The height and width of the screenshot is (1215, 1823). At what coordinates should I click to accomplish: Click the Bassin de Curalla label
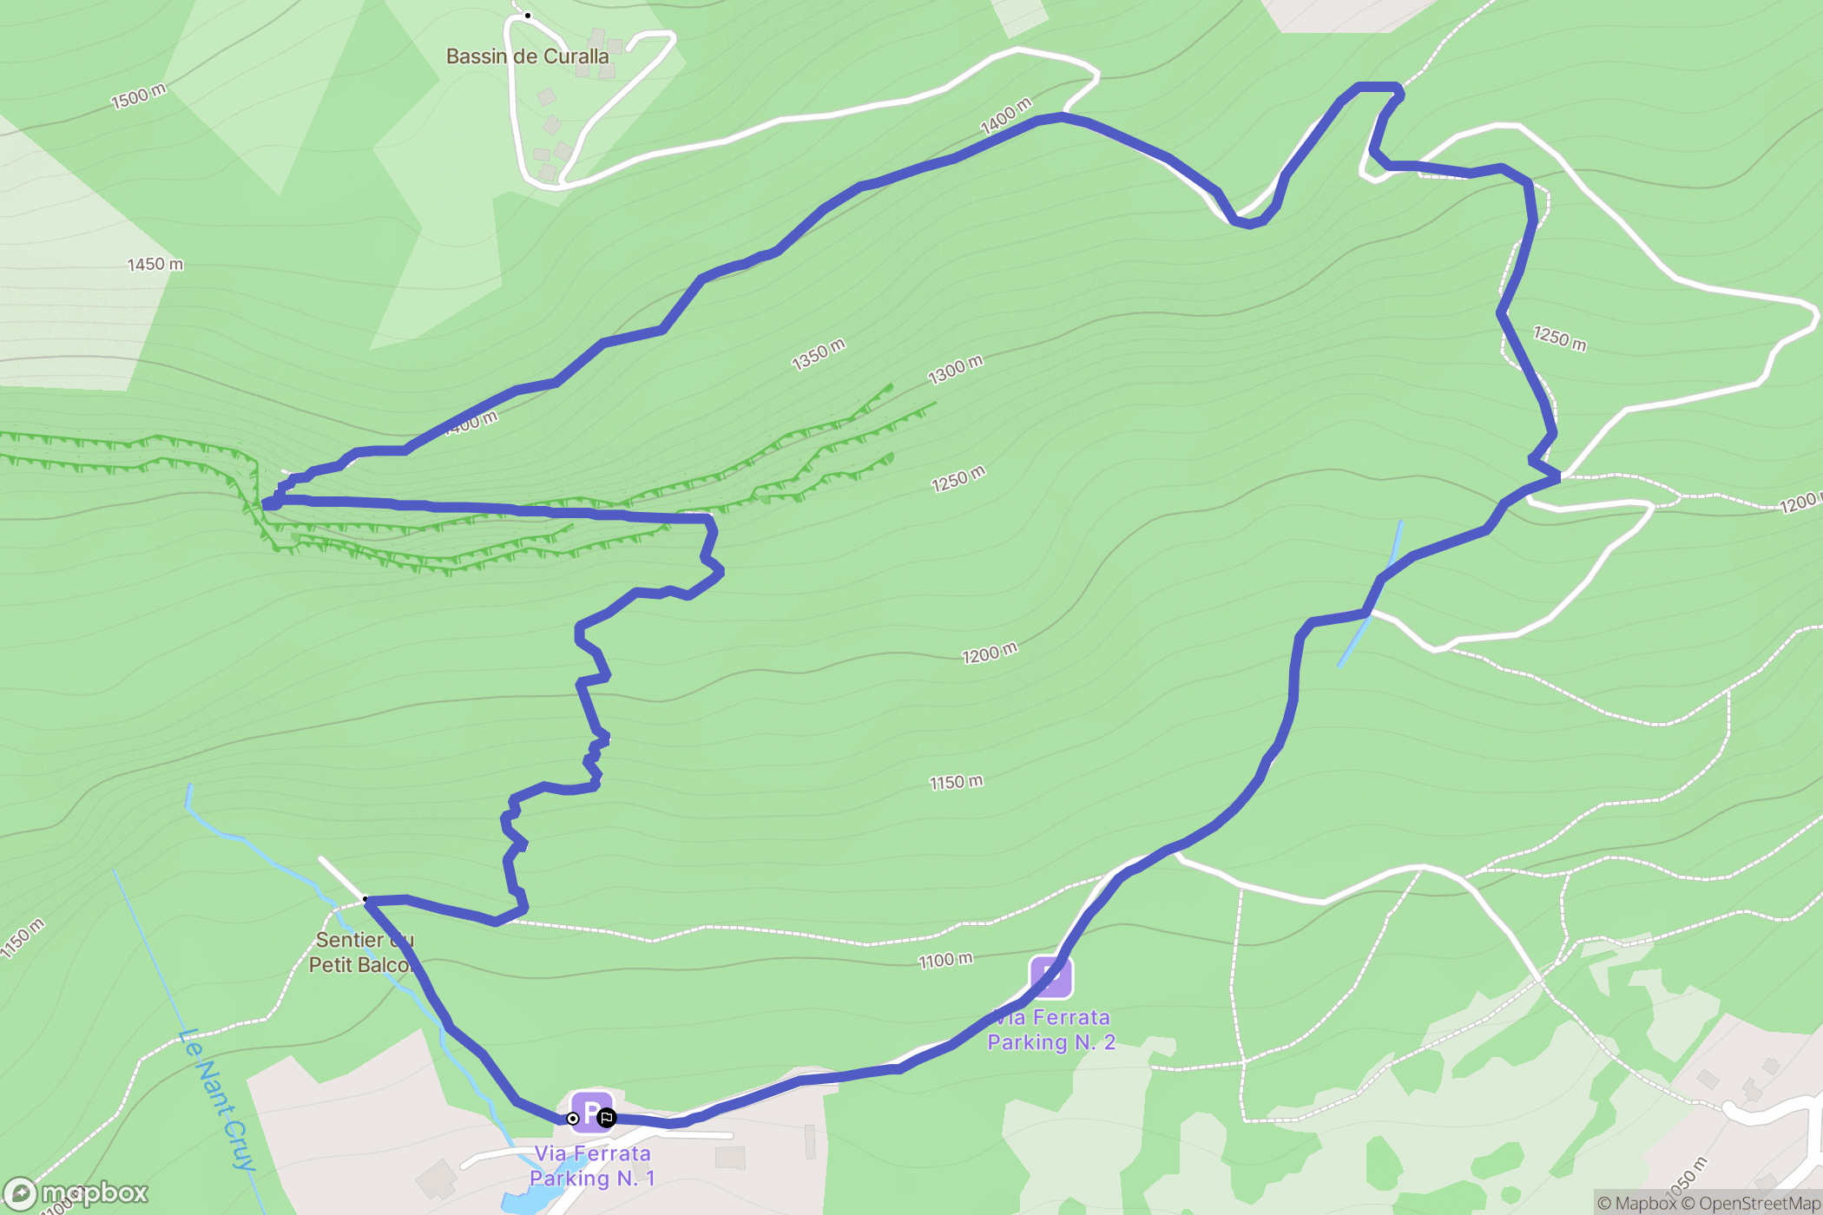tap(527, 56)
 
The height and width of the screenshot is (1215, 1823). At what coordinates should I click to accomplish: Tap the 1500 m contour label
tap(138, 95)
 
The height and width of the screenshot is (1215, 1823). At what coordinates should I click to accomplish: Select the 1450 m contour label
tap(155, 264)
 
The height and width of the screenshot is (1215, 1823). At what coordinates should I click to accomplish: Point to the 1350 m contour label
tap(818, 354)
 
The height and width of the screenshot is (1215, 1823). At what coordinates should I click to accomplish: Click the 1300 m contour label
tap(955, 370)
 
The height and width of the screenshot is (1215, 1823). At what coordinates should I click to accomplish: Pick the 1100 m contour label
tap(945, 960)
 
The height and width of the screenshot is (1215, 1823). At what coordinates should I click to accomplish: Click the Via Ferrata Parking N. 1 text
tap(592, 1166)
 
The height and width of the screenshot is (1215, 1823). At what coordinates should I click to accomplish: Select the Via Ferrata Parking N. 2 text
tap(1051, 1029)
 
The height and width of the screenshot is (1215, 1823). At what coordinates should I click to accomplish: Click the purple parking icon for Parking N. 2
tap(1050, 976)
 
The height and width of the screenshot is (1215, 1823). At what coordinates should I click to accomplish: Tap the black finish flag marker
tap(606, 1118)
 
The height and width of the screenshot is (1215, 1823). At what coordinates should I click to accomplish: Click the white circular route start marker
tap(573, 1119)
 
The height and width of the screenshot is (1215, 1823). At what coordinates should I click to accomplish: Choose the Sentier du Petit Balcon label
tap(361, 952)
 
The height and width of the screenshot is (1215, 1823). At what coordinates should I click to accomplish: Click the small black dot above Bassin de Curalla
tap(527, 16)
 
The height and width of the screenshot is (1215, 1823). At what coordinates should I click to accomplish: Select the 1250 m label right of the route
tap(1559, 338)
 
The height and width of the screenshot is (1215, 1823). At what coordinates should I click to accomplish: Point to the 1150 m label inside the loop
tap(956, 782)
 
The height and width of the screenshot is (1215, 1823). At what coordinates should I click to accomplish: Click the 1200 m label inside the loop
tap(989, 653)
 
